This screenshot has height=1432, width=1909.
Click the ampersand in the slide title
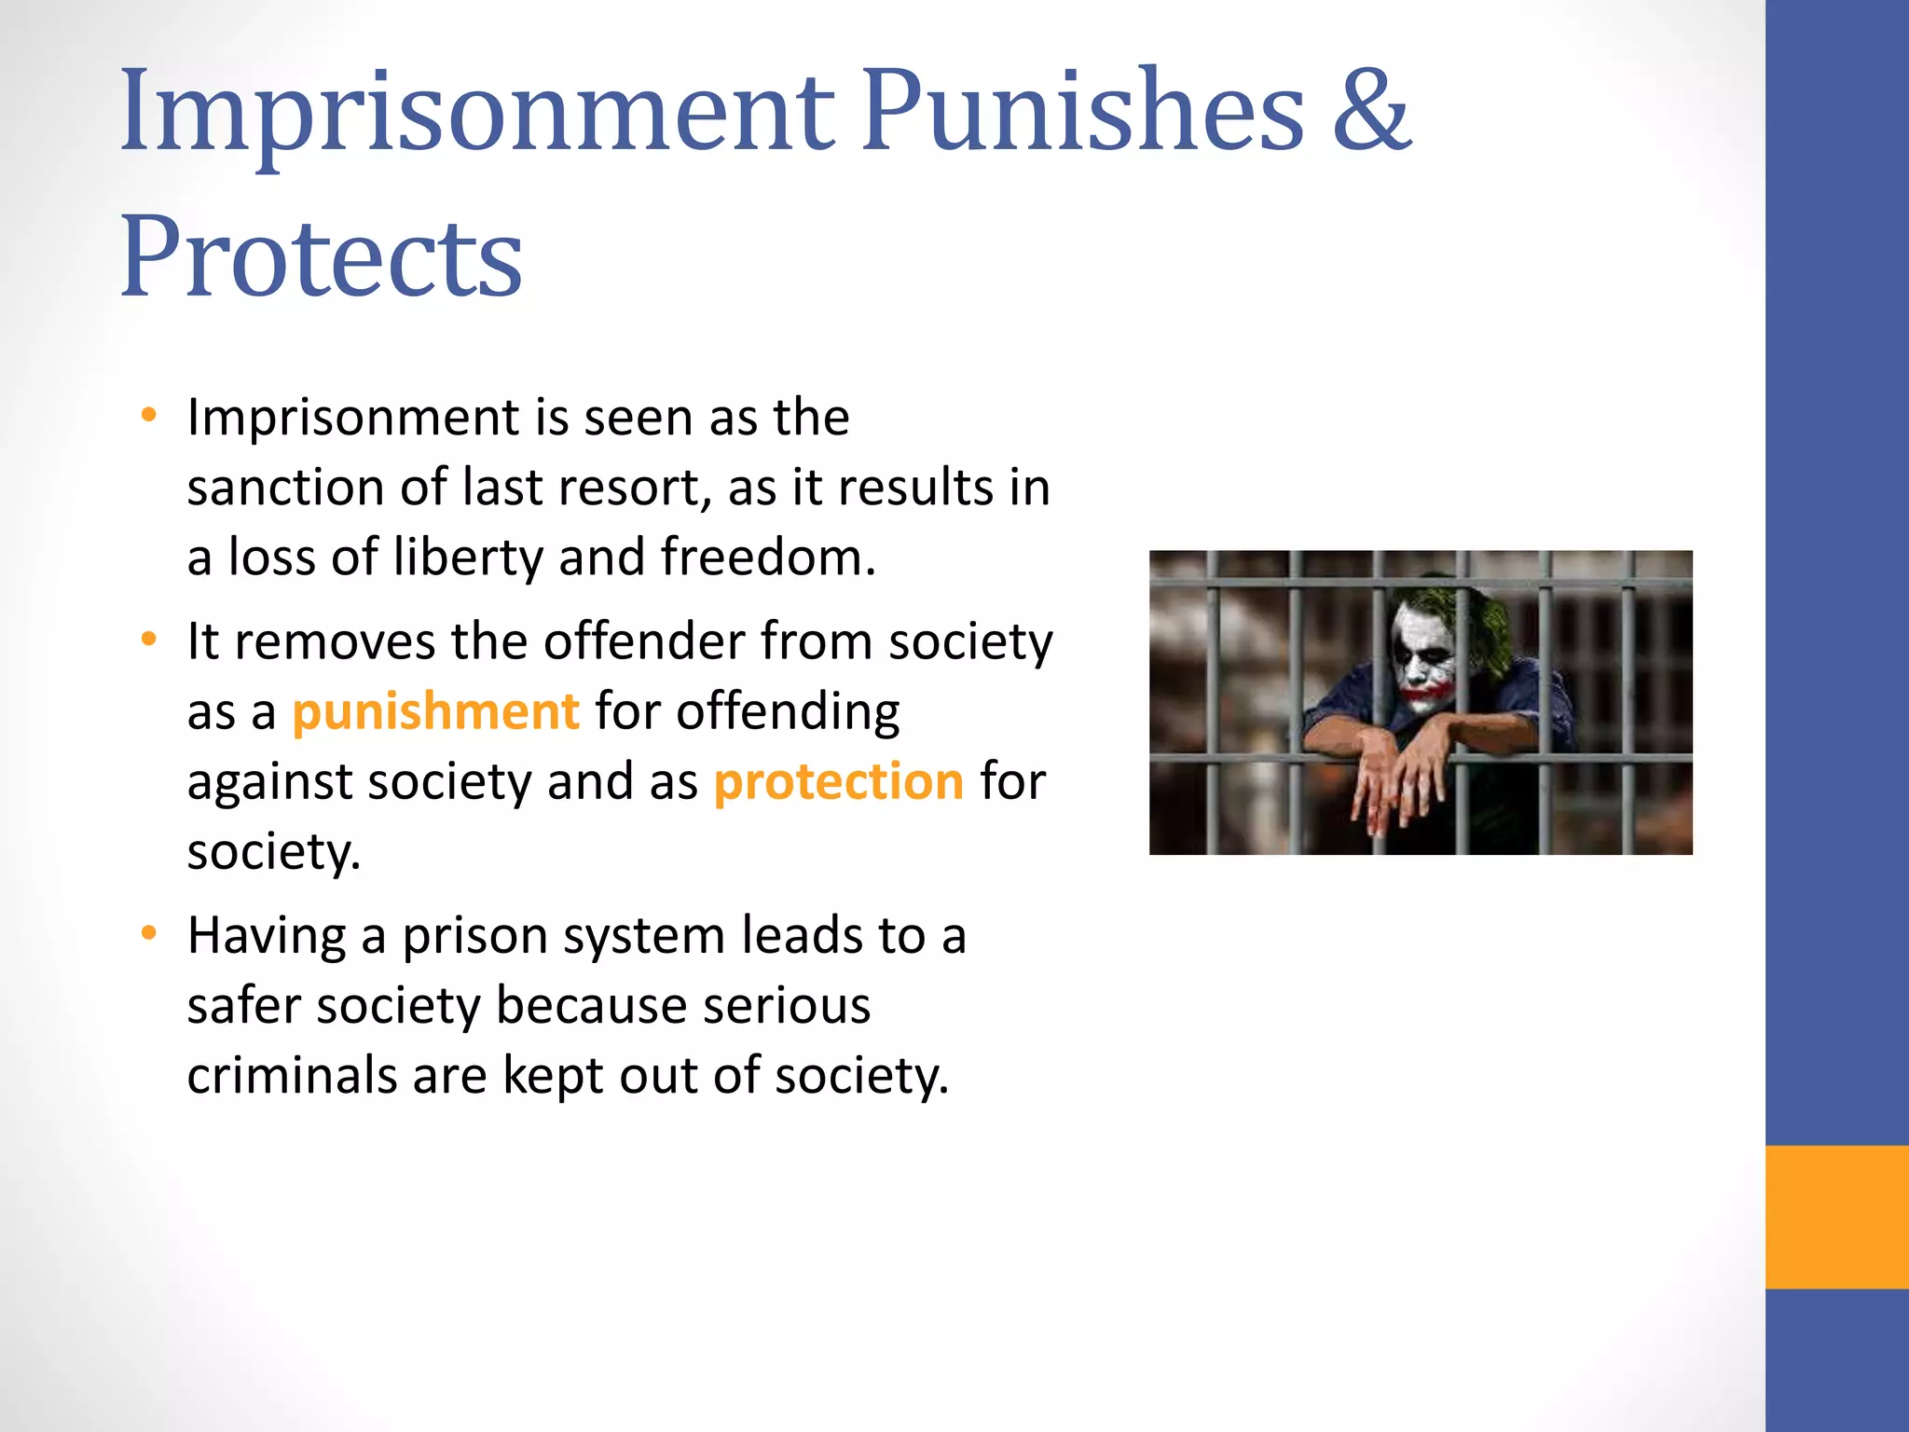tap(1371, 113)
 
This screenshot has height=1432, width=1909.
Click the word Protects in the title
tap(321, 257)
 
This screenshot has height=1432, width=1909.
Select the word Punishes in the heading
tap(1081, 113)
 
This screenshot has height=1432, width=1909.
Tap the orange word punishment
tap(435, 712)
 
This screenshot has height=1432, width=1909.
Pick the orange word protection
tap(838, 781)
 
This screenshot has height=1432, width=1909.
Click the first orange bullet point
tap(149, 416)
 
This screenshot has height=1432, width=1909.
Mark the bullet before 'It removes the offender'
tap(149, 640)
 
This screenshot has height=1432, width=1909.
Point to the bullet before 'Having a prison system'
tap(149, 934)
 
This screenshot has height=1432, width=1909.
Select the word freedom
tap(766, 558)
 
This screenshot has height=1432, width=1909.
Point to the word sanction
tap(285, 488)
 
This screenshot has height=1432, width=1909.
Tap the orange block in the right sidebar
tap(1836, 1217)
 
